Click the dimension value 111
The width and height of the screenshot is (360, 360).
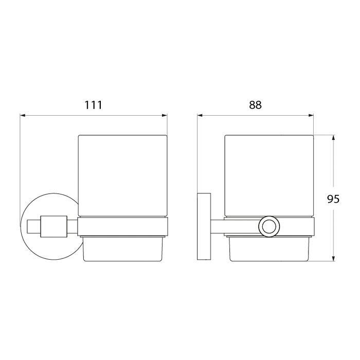coord(93,105)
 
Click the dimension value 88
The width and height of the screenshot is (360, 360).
coord(255,105)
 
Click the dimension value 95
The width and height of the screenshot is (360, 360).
coord(333,199)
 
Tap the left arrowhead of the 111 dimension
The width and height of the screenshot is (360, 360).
coord(23,116)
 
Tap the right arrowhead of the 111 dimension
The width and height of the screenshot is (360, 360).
coord(165,116)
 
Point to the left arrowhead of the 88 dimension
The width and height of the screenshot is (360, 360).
coord(200,116)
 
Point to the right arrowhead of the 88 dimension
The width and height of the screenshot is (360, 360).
coord(311,116)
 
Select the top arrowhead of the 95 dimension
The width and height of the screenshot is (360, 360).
coord(333,138)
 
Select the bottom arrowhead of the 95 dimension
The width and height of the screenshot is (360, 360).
coord(333,258)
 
